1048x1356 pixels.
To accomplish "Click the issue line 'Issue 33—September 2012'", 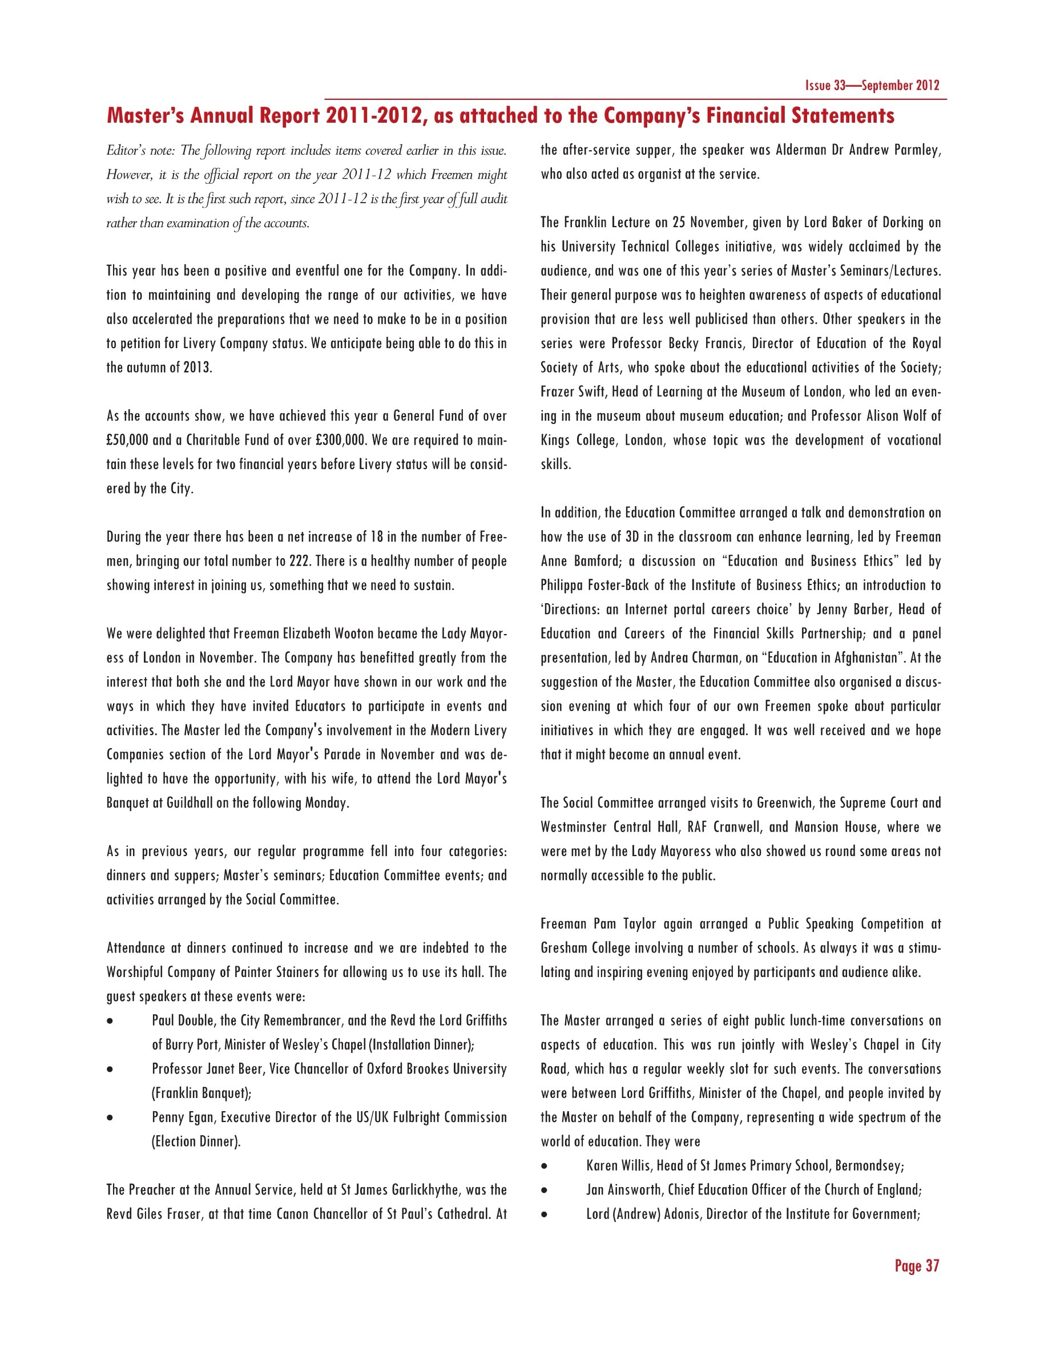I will [x=872, y=86].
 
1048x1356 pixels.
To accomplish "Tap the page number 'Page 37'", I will [x=917, y=1266].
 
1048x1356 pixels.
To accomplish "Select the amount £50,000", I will [x=127, y=440].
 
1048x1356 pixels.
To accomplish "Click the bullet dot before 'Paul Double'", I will [x=111, y=1022].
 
